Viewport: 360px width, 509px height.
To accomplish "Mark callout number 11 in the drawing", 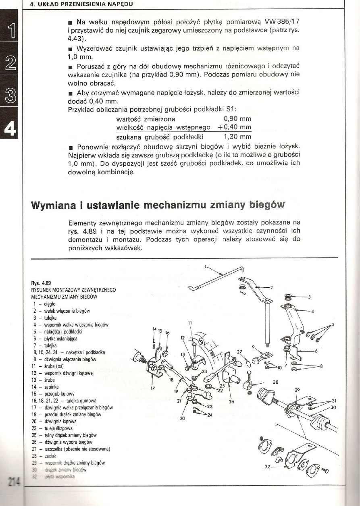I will click(189, 322).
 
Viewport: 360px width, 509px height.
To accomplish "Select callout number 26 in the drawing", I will click(231, 401).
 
